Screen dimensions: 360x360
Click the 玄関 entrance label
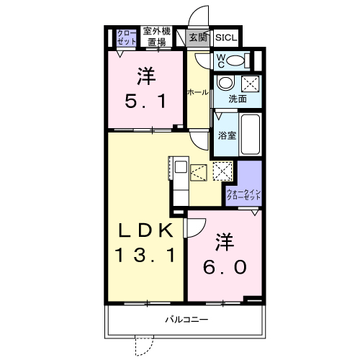197,36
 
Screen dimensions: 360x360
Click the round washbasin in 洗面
224,82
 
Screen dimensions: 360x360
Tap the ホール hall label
198,92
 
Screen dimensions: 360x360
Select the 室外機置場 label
156,36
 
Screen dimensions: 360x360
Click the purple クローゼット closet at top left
127,37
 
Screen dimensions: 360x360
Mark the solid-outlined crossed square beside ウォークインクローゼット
223,171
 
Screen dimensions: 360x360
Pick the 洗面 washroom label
237,99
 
